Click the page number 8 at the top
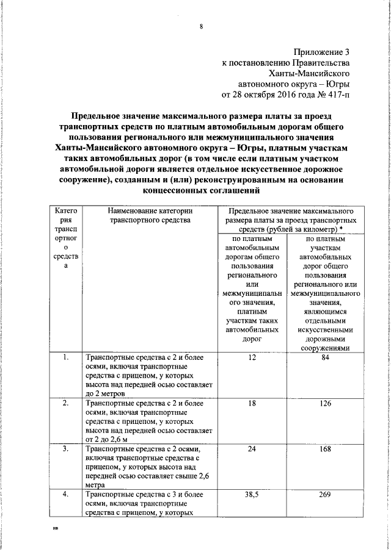coord(200,26)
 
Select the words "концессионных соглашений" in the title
coord(200,190)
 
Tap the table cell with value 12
coord(252,357)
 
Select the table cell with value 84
coord(325,357)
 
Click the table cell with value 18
coord(252,403)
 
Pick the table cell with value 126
coord(325,403)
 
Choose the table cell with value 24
coord(252,449)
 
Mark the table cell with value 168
coord(325,449)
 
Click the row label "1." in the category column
coord(65,357)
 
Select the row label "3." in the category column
coord(65,449)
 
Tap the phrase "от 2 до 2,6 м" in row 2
coord(111,440)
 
